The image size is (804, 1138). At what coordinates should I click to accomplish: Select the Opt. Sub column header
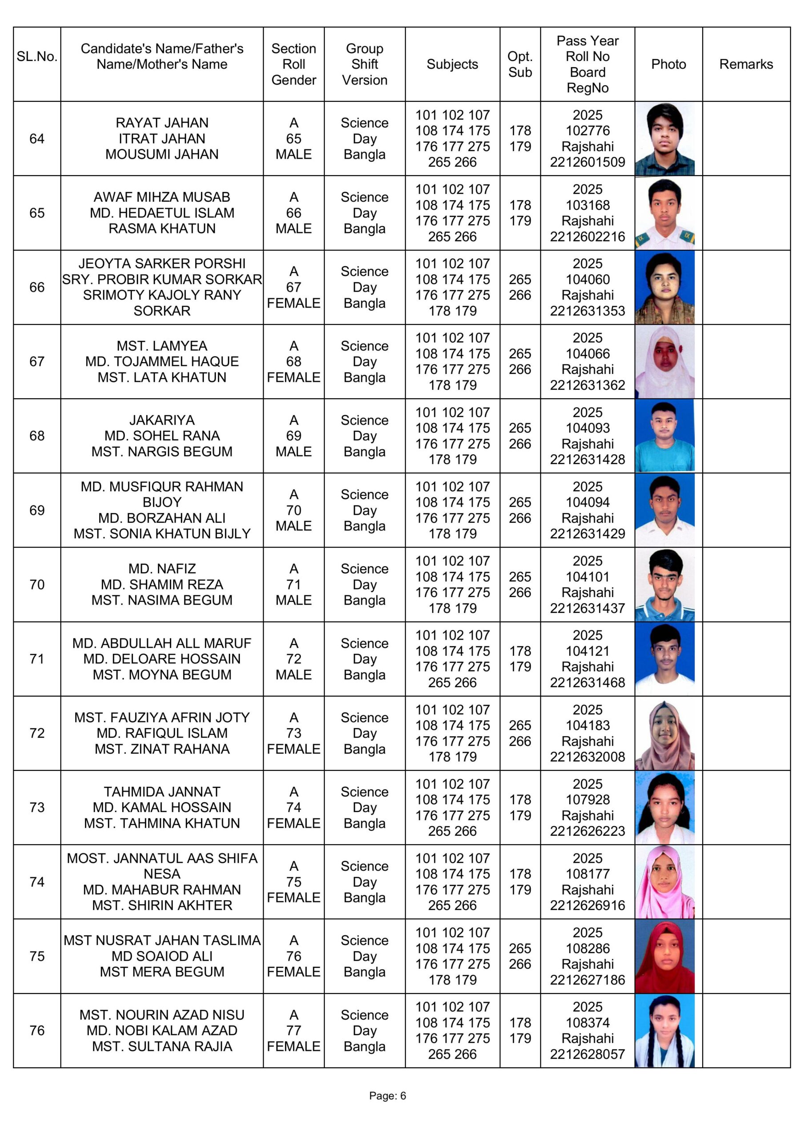coord(520,64)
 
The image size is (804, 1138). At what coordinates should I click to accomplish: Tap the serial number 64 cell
coord(37,139)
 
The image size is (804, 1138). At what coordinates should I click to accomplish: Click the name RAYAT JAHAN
coord(162,123)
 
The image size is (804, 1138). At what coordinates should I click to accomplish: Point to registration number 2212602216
coord(587,236)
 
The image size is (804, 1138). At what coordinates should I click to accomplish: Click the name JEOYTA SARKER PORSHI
coord(162,264)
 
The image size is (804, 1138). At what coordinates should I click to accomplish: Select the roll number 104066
coord(588,354)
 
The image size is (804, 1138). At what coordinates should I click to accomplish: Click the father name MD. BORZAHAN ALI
coord(162,518)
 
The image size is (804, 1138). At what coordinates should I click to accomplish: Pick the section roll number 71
coord(293,585)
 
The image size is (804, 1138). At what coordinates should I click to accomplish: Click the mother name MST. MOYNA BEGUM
coord(162,674)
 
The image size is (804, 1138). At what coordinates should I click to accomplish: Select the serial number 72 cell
coord(37,733)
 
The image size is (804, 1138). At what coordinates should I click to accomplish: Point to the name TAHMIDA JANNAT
coord(162,792)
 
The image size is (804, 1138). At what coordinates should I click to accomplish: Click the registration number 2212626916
coord(587,905)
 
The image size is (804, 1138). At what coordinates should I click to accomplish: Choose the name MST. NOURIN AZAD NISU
coord(162,1014)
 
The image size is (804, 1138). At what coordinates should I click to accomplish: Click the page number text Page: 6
coord(387,1095)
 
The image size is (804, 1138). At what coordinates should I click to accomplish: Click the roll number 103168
coord(588,205)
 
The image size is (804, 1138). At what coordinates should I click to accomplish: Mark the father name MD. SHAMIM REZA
coord(162,585)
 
